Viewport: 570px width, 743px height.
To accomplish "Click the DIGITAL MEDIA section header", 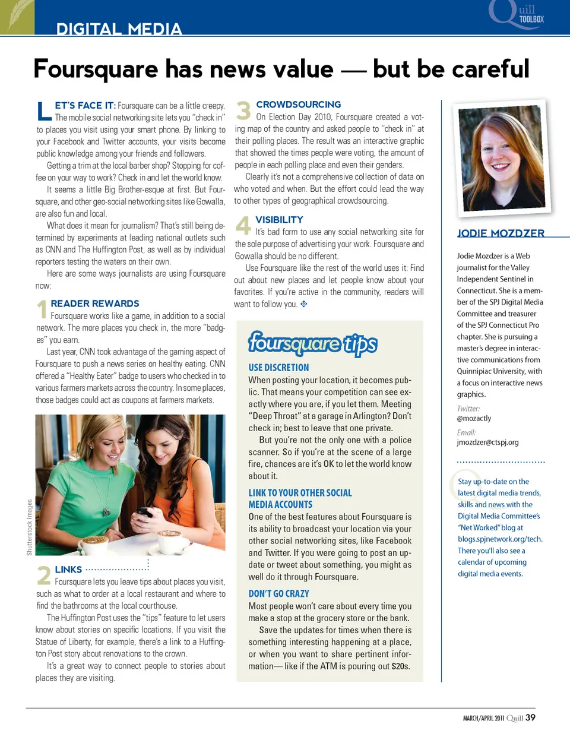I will click(x=119, y=29).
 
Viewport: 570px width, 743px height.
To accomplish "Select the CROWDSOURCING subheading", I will click(x=298, y=105).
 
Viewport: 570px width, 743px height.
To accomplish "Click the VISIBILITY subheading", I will click(x=279, y=220).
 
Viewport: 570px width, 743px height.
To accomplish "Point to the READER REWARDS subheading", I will click(x=95, y=303).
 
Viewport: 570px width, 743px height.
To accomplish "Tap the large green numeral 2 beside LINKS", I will click(x=44, y=576).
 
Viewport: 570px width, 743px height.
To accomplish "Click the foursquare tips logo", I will click(x=312, y=343).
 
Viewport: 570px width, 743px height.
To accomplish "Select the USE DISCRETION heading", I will click(x=278, y=368).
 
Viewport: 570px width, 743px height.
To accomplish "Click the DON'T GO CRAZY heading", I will click(x=278, y=593).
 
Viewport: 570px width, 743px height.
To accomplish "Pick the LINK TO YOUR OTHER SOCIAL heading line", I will click(x=300, y=493).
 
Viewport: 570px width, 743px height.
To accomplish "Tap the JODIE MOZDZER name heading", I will click(x=501, y=233).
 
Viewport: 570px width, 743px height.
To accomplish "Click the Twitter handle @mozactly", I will click(x=474, y=418).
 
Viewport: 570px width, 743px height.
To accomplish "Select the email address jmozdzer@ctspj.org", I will click(x=487, y=442).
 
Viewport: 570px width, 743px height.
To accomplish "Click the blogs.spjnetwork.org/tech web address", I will click(x=500, y=539).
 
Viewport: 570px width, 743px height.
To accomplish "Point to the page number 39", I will click(x=530, y=717).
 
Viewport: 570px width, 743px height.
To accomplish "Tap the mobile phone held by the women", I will click(x=144, y=512).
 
